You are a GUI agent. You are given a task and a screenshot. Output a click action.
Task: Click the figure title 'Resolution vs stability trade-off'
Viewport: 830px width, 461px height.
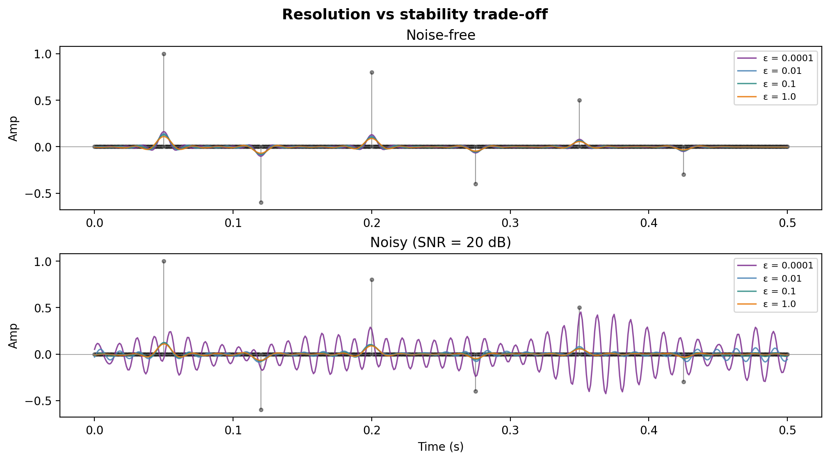pos(415,14)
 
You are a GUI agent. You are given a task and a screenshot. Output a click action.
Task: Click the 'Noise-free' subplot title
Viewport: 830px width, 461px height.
pos(441,35)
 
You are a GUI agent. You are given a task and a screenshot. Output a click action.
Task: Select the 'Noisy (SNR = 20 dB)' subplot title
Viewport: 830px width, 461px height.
pos(441,243)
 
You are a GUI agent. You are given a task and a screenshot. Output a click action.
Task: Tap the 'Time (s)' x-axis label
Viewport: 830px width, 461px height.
pos(441,447)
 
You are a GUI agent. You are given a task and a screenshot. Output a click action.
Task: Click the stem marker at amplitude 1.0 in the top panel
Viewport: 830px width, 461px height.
pos(164,54)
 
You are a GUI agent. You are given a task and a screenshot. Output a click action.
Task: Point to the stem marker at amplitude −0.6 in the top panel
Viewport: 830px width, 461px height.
pos(261,202)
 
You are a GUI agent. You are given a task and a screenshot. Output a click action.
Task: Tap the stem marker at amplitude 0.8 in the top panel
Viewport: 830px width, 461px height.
pos(372,72)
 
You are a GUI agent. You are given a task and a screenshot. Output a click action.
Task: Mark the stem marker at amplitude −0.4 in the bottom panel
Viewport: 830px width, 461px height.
pos(476,391)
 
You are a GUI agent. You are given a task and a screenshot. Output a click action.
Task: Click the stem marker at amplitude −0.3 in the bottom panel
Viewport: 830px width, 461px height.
pos(684,382)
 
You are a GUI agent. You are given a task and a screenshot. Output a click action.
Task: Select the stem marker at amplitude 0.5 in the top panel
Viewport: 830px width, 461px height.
pos(579,100)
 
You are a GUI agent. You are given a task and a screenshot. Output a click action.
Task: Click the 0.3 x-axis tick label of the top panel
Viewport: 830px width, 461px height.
pos(510,223)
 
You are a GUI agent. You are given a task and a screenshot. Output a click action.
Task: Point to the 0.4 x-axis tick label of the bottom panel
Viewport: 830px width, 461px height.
pos(649,430)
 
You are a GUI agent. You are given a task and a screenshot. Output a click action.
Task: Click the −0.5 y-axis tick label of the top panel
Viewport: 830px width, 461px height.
pos(40,193)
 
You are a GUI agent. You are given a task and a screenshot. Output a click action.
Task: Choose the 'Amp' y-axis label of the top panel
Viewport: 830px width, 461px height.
pos(14,128)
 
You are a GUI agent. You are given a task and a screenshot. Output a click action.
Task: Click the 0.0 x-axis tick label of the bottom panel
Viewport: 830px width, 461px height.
pos(94,430)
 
